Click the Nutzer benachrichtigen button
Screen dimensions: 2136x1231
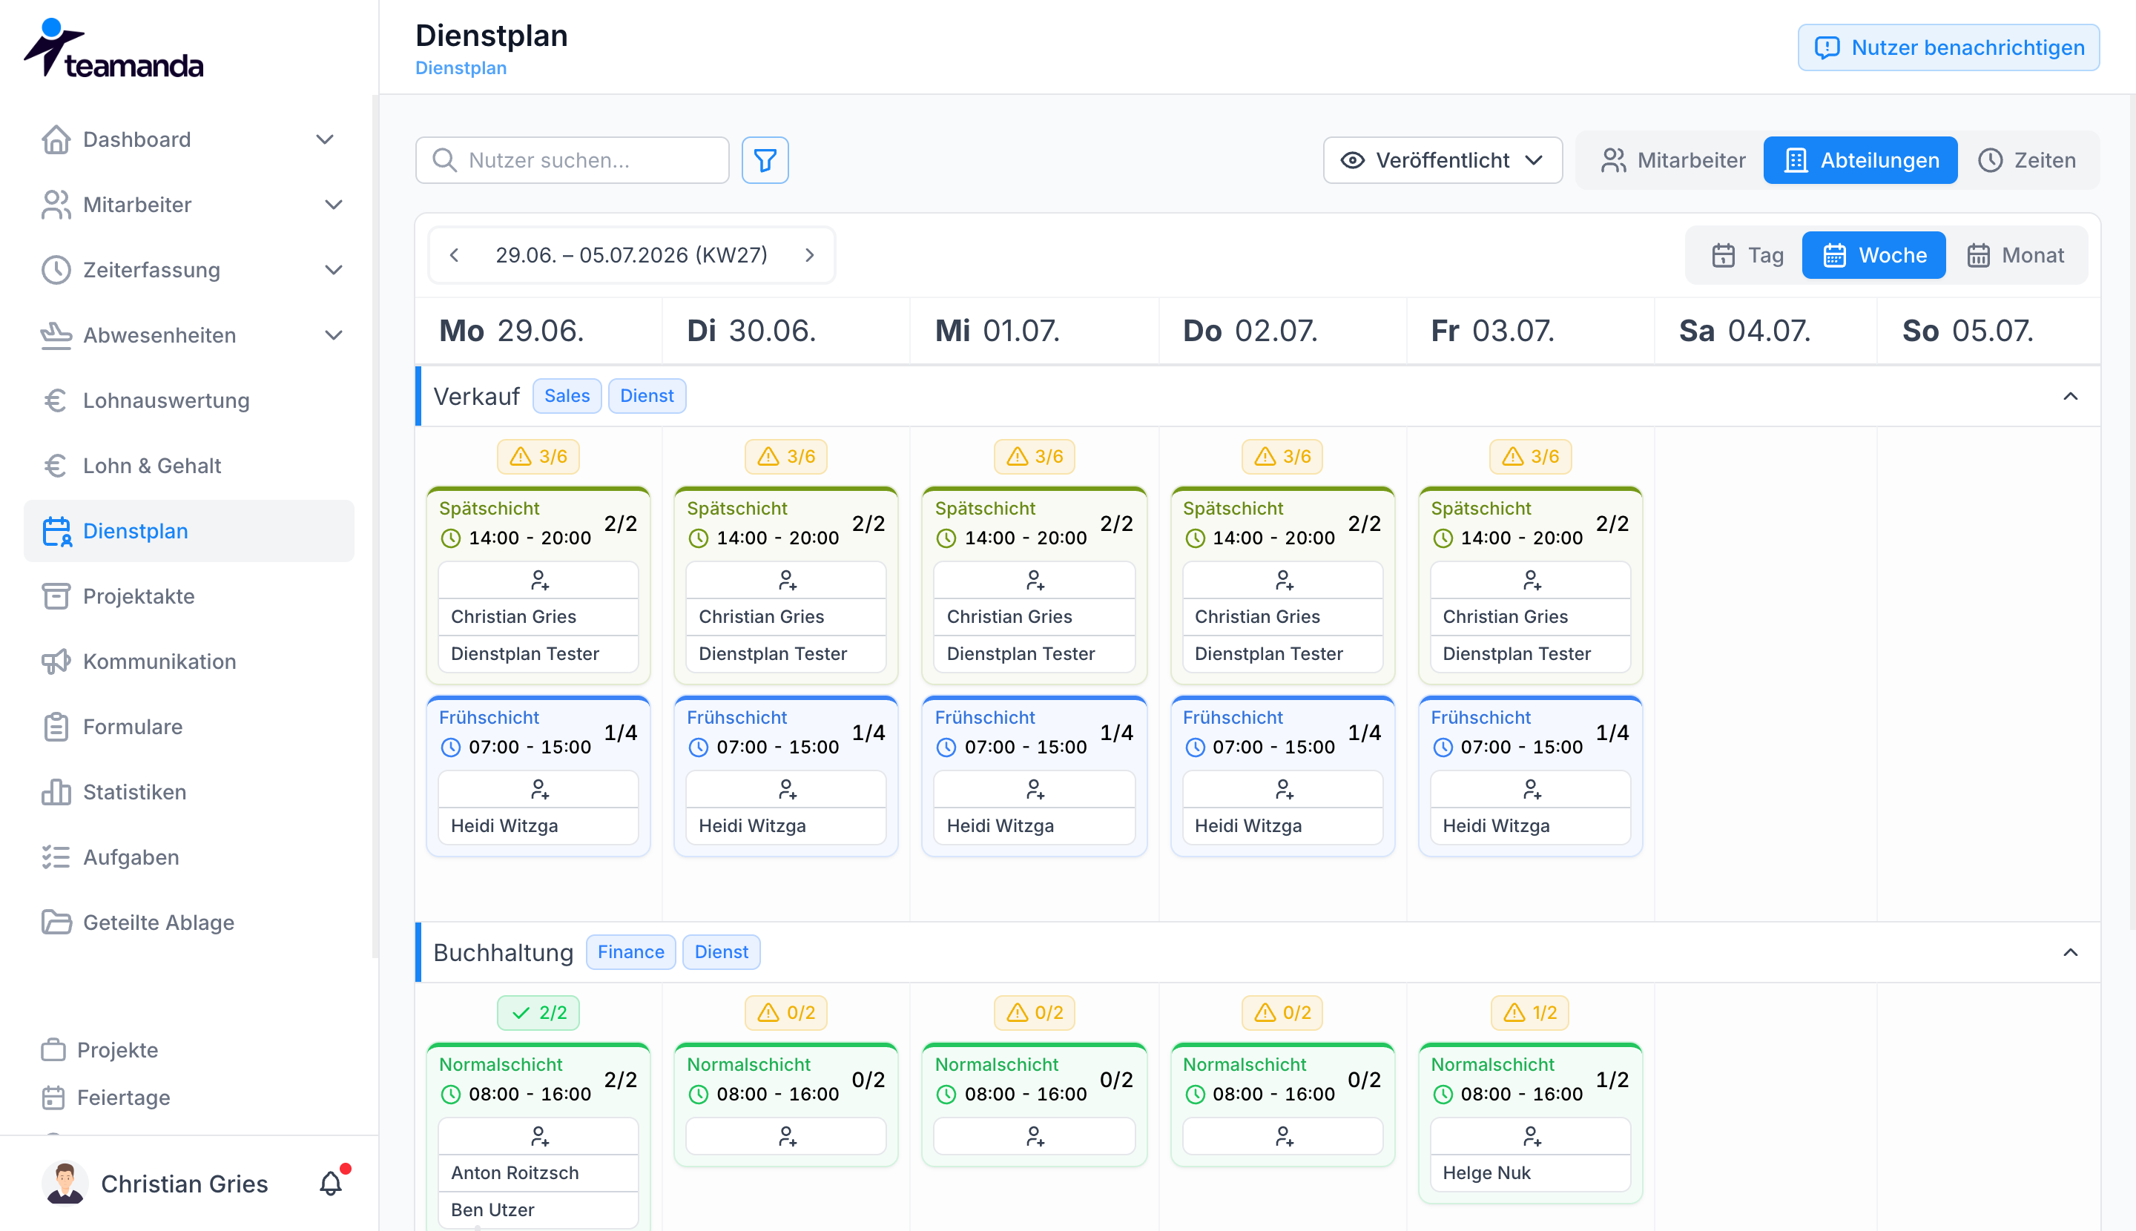tap(1948, 47)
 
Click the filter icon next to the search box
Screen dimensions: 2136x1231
tap(765, 159)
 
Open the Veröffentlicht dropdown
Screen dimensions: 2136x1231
tap(1442, 159)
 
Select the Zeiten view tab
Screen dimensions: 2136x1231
tap(2026, 159)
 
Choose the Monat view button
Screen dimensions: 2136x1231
tap(2015, 254)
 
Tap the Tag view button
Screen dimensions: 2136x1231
tap(1747, 254)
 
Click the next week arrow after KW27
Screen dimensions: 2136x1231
tap(809, 254)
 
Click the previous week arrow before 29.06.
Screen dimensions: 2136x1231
tap(454, 254)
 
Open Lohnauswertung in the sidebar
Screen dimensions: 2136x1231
tap(165, 400)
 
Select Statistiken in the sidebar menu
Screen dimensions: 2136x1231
tap(134, 791)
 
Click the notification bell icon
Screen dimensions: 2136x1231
tap(331, 1183)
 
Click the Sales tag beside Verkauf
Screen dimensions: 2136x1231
tap(567, 396)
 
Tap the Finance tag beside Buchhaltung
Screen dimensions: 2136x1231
tap(631, 952)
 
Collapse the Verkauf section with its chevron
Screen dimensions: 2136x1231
tap(2070, 396)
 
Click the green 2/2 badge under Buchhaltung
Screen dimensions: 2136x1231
tap(538, 1012)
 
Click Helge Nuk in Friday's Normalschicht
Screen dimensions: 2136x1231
tap(1486, 1172)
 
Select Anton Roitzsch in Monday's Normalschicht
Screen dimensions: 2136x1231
tap(514, 1172)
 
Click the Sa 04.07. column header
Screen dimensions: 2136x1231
tap(1744, 330)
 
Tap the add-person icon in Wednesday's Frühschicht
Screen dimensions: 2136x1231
tap(1034, 789)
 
